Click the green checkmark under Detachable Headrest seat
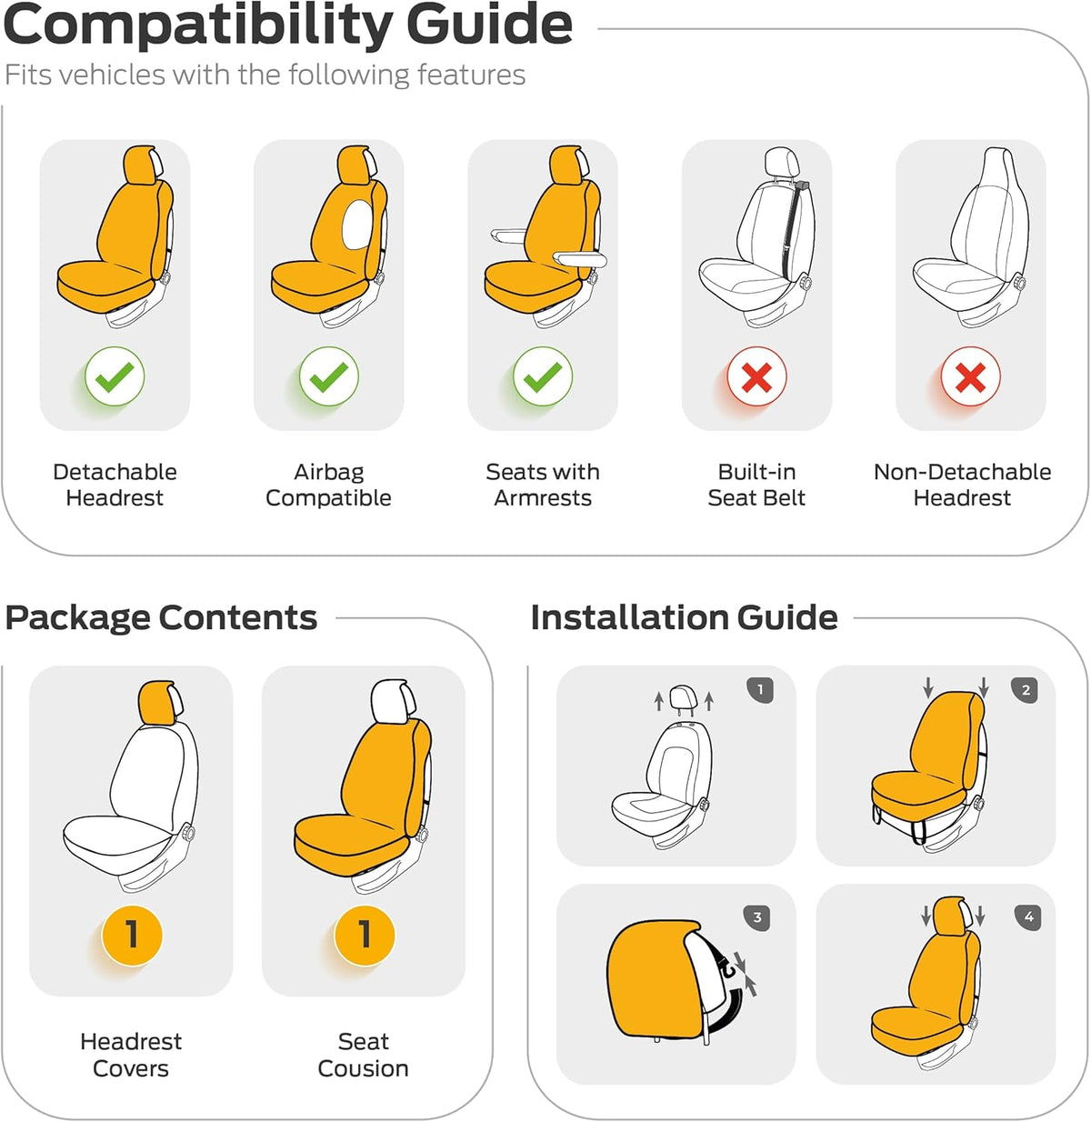coord(115,376)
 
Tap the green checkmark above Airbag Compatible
coord(329,376)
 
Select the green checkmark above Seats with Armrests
coord(543,376)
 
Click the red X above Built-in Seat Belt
coord(756,376)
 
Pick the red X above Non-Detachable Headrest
coord(970,376)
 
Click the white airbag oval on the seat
coord(357,225)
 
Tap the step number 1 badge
coord(760,689)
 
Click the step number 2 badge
coord(1025,689)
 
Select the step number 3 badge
coord(757,917)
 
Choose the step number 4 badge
coord(1028,917)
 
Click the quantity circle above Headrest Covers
coord(132,935)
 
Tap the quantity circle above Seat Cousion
coord(365,935)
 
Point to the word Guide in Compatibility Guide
coord(489,26)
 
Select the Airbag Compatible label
coord(329,485)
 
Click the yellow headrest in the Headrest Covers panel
coord(157,702)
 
